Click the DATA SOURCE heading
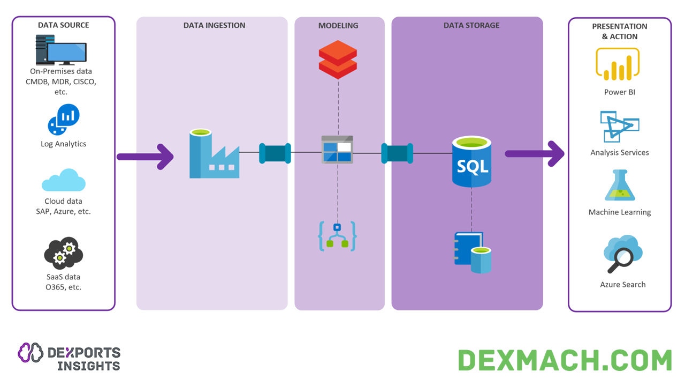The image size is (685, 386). pos(63,25)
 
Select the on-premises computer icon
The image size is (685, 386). pos(61,50)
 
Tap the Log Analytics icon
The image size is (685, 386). pos(64,120)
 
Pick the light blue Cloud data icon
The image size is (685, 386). pos(64,181)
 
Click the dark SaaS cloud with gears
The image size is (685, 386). pos(64,253)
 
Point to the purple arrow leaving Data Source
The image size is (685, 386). pos(145,157)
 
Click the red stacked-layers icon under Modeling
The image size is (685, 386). pos(338,59)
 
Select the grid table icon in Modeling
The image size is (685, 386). pos(337,150)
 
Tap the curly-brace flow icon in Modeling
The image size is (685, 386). pos(337,236)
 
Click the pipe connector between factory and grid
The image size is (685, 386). pos(275,153)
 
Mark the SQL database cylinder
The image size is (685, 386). pos(471,161)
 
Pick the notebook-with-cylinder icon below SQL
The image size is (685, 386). pos(473,252)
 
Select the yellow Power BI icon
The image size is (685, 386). pos(618,64)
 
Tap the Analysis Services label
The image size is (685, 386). pos(620,152)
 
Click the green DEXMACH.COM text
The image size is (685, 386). pos(565,360)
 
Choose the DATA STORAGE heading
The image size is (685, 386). pos(471,25)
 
